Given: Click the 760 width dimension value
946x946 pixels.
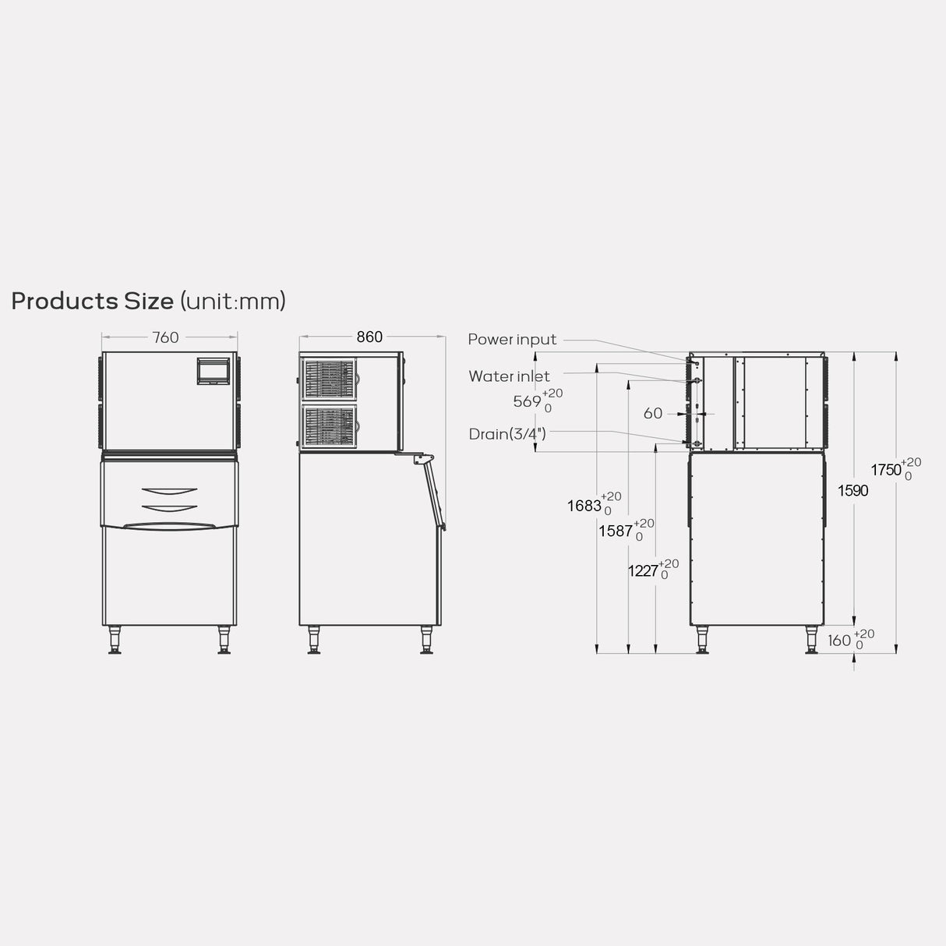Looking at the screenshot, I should (165, 337).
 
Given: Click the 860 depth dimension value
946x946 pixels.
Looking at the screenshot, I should (369, 337).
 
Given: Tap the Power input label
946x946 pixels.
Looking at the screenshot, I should (512, 340).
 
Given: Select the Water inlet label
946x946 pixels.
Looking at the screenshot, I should (509, 376).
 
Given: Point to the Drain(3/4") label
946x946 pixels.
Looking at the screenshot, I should (507, 434).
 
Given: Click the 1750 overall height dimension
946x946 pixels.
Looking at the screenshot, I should (886, 470).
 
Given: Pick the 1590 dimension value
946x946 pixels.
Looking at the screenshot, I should (852, 490).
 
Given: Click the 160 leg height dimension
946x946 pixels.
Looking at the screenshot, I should (839, 640).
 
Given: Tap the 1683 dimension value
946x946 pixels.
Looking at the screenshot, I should (584, 506).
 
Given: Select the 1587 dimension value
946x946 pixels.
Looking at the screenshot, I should (616, 531).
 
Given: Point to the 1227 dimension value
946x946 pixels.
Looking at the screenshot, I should (643, 571).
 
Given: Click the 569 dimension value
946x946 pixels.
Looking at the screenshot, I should (527, 401).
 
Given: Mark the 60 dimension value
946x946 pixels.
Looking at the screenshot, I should (653, 414).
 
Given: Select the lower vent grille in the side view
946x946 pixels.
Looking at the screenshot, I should (330, 425).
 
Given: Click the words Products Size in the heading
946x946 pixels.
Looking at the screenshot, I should (92, 301).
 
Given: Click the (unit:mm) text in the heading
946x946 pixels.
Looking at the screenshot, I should (233, 301).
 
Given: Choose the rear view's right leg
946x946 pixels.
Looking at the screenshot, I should (812, 640).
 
